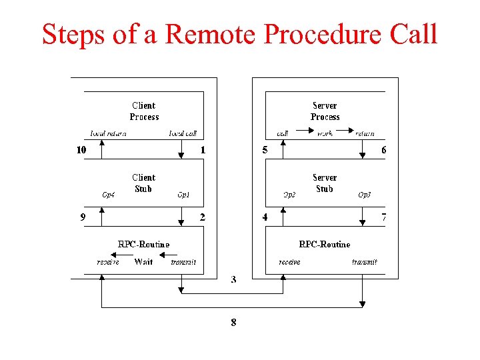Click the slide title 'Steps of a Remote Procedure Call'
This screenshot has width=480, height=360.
click(x=239, y=33)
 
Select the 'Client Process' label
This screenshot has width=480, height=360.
click(x=144, y=111)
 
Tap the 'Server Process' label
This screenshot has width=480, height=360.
click(x=325, y=111)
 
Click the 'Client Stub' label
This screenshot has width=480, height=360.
click(x=143, y=183)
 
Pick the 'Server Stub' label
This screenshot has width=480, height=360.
click(x=325, y=183)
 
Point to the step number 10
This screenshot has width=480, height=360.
click(x=81, y=150)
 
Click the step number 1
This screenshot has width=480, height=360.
click(x=203, y=150)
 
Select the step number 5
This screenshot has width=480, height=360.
click(x=265, y=150)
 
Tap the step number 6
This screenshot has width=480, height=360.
click(x=383, y=150)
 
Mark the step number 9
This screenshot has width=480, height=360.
click(x=82, y=217)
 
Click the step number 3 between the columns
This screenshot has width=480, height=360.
click(x=233, y=279)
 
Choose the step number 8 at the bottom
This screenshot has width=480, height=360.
click(x=233, y=322)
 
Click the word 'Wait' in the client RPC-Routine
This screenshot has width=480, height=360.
click(x=143, y=262)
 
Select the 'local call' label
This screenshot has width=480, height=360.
click(x=183, y=133)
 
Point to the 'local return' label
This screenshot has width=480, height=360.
click(x=109, y=133)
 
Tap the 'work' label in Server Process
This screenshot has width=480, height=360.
click(x=325, y=133)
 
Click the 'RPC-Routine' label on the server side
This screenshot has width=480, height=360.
click(x=325, y=245)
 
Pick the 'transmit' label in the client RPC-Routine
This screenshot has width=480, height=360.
click(x=183, y=262)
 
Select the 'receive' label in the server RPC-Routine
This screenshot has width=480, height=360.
click(x=289, y=262)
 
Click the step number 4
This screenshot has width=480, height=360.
click(x=265, y=217)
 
